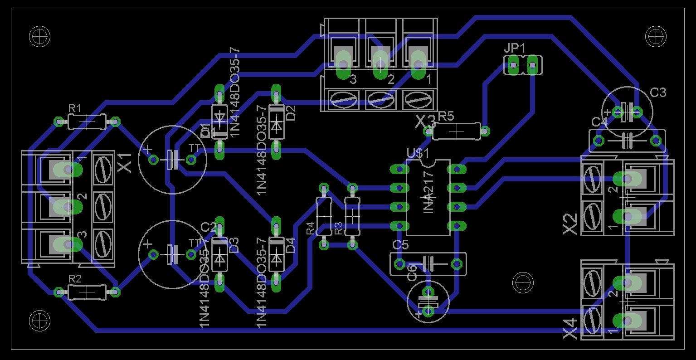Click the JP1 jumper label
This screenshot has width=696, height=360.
pos(514,48)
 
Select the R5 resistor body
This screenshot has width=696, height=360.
pos(456,131)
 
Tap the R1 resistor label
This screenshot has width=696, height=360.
pos(75,108)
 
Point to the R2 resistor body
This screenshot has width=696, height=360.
pos(87,292)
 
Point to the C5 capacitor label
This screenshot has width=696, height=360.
pos(400,245)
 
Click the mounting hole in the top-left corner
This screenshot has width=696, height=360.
pos(39,35)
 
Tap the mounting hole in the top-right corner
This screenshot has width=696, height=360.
pos(656,35)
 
